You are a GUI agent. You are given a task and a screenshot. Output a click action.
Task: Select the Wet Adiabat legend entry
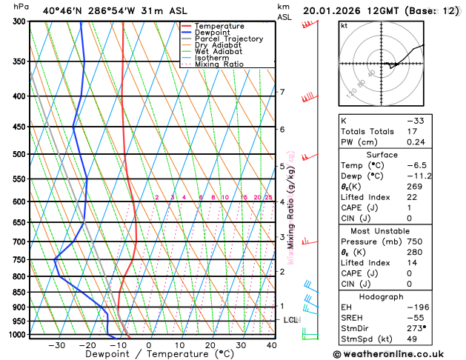pyautogui.click(x=218, y=52)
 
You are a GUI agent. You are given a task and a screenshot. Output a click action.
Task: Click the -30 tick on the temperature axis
pyautogui.click(x=56, y=345)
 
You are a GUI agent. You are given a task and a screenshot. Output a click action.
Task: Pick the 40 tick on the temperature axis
pyautogui.click(x=271, y=345)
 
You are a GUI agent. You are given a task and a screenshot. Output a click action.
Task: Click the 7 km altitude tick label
pyautogui.click(x=282, y=92)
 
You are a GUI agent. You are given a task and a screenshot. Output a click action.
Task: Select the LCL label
pyautogui.click(x=290, y=320)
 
